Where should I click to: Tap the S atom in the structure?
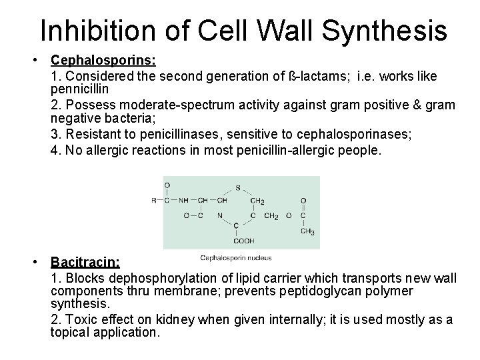tap(237, 187)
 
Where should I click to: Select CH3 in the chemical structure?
tap(307, 231)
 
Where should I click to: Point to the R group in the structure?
tap(154, 200)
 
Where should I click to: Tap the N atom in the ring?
tap(219, 215)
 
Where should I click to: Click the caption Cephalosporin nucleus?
tap(235, 258)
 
